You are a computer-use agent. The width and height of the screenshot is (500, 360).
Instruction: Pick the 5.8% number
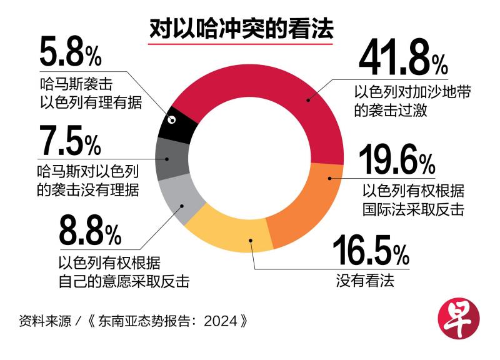(70, 54)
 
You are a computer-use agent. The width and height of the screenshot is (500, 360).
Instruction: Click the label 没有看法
(366, 281)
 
